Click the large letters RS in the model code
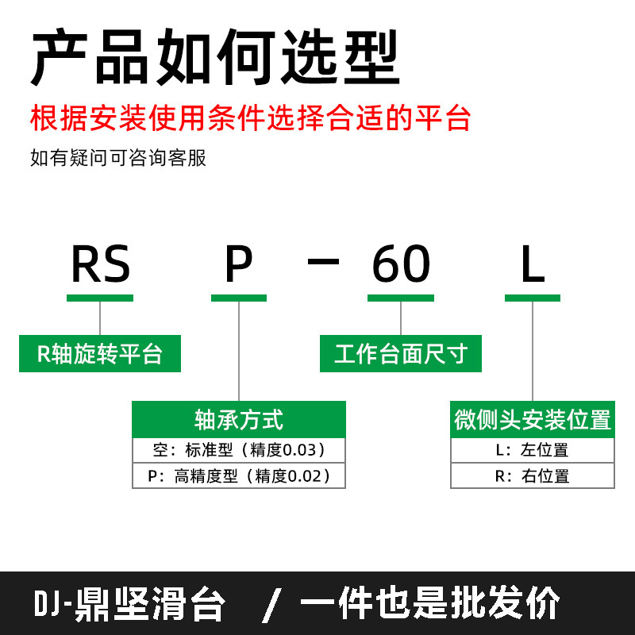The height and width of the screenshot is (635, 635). click(x=100, y=265)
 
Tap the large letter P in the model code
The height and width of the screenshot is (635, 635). click(x=239, y=265)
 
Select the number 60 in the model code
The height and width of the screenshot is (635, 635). click(x=401, y=265)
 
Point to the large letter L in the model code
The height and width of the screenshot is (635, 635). click(x=533, y=265)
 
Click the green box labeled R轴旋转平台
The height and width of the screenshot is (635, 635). click(x=100, y=354)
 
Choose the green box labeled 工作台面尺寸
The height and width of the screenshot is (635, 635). click(x=401, y=354)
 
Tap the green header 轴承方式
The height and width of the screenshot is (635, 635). click(x=239, y=419)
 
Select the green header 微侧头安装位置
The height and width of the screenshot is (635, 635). click(x=533, y=419)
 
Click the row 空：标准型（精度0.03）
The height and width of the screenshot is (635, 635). click(x=239, y=450)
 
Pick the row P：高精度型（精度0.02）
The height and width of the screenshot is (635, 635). click(x=239, y=476)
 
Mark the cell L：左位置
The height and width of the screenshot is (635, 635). click(x=533, y=450)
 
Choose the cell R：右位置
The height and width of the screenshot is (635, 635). click(x=533, y=476)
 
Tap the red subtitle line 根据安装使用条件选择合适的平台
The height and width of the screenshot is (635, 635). click(x=251, y=119)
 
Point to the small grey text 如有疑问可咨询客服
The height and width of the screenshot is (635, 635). click(x=118, y=158)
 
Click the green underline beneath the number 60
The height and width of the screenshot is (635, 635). click(x=401, y=298)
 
